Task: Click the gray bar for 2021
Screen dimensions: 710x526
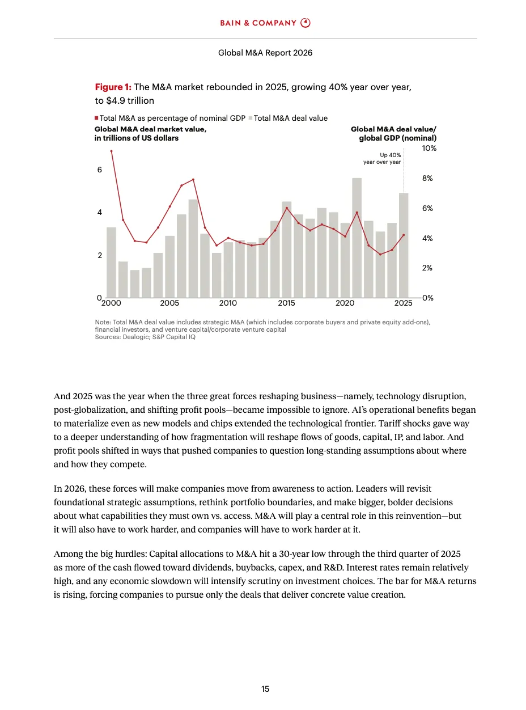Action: tap(357, 238)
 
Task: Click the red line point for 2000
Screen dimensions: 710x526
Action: tap(111, 151)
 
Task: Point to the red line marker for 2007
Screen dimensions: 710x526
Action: tap(193, 180)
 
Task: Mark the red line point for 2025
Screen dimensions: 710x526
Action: tap(404, 235)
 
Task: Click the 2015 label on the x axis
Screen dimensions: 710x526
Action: tap(287, 303)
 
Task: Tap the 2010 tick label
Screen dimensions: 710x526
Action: tap(228, 303)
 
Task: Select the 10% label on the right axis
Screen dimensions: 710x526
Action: tap(429, 148)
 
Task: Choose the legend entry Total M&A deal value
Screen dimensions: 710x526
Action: tap(290, 118)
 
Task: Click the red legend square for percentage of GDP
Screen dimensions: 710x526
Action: tap(97, 118)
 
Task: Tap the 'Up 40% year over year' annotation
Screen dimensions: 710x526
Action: tap(382, 158)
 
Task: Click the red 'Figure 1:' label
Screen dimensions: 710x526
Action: tap(113, 87)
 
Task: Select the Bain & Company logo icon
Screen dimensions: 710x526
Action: tap(306, 23)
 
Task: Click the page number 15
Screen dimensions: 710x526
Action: tap(265, 689)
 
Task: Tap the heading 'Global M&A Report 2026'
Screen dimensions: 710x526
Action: tap(265, 53)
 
